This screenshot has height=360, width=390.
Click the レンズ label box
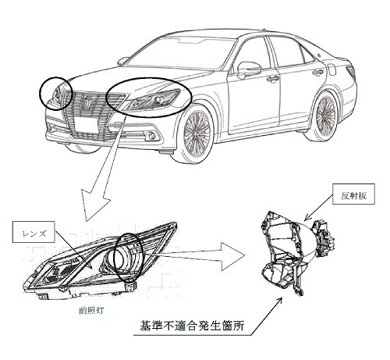click(x=34, y=232)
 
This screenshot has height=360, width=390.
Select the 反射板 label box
click(x=353, y=194)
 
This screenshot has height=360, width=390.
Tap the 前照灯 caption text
click(x=91, y=310)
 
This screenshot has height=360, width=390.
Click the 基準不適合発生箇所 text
click(x=192, y=326)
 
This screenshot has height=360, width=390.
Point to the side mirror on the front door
click(x=248, y=68)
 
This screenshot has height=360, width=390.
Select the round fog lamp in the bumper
click(x=151, y=135)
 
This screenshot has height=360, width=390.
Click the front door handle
click(x=271, y=78)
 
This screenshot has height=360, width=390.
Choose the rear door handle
click(x=317, y=72)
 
